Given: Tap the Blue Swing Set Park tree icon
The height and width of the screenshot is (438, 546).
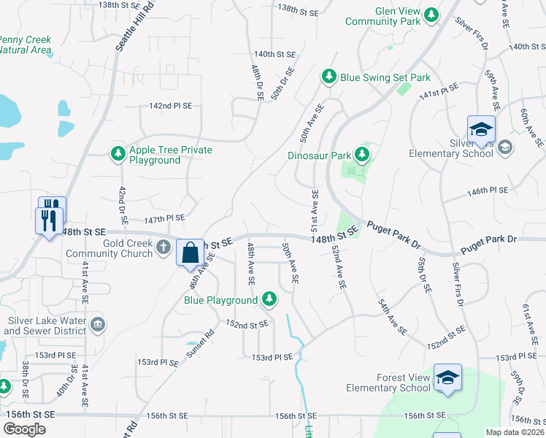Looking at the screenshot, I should (x=329, y=77).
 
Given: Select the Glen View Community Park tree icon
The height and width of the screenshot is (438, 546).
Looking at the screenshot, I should (x=431, y=14).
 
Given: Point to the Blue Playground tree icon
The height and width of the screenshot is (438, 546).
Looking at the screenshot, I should (x=269, y=299).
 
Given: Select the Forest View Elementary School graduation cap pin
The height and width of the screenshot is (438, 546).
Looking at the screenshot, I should (x=447, y=377).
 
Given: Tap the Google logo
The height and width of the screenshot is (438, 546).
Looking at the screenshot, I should (x=24, y=429).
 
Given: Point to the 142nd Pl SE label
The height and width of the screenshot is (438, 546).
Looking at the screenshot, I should (x=170, y=106).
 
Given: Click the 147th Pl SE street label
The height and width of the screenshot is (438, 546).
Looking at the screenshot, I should (x=164, y=218).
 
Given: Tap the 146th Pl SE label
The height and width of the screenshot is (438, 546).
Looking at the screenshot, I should (x=487, y=191).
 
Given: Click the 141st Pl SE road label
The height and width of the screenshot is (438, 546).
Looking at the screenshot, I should (x=438, y=92).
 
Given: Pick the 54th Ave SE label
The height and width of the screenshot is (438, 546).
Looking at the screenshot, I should (x=392, y=316).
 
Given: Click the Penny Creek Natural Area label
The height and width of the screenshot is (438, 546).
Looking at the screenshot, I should (x=26, y=45).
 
